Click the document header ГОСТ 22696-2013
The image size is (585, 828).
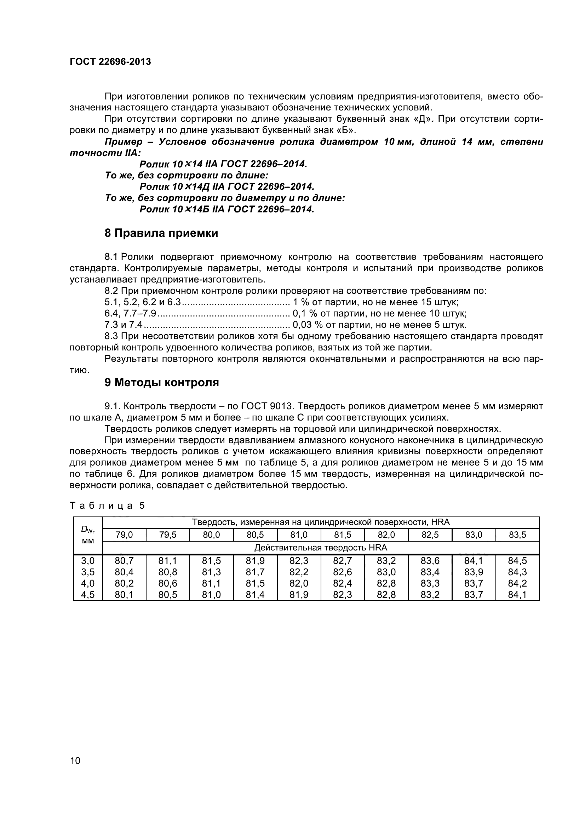[110, 62]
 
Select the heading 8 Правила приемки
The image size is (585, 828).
[161, 233]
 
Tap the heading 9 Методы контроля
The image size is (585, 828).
[161, 382]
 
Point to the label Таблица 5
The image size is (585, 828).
[107, 506]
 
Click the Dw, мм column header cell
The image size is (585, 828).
[88, 535]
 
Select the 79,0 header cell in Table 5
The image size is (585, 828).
[124, 535]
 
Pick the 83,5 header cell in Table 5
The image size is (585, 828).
[517, 535]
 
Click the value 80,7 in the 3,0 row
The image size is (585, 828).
[124, 561]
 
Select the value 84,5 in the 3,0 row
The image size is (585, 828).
[517, 561]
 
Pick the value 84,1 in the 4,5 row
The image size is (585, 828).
[517, 595]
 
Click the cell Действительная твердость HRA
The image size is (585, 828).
[320, 547]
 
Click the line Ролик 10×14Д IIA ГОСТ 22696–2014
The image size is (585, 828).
[227, 187]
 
